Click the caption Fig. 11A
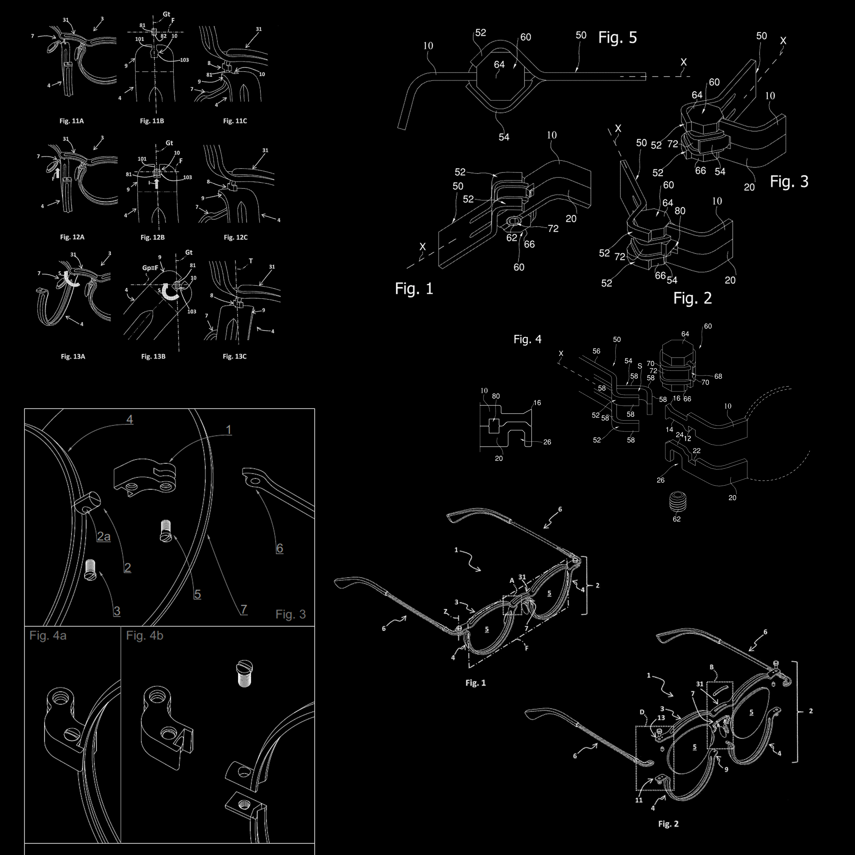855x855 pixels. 72,121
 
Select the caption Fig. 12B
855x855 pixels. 152,237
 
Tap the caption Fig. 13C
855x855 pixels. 234,356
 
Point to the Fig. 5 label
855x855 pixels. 617,38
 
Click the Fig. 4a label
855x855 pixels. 48,636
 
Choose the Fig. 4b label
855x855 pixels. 145,636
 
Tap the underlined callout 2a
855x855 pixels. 104,537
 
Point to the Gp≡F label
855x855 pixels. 150,268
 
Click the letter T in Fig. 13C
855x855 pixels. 251,261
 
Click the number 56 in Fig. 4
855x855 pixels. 596,351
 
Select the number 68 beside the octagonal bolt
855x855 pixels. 718,377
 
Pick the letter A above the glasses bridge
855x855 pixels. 512,580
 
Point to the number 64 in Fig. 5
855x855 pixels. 499,64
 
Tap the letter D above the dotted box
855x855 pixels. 642,712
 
